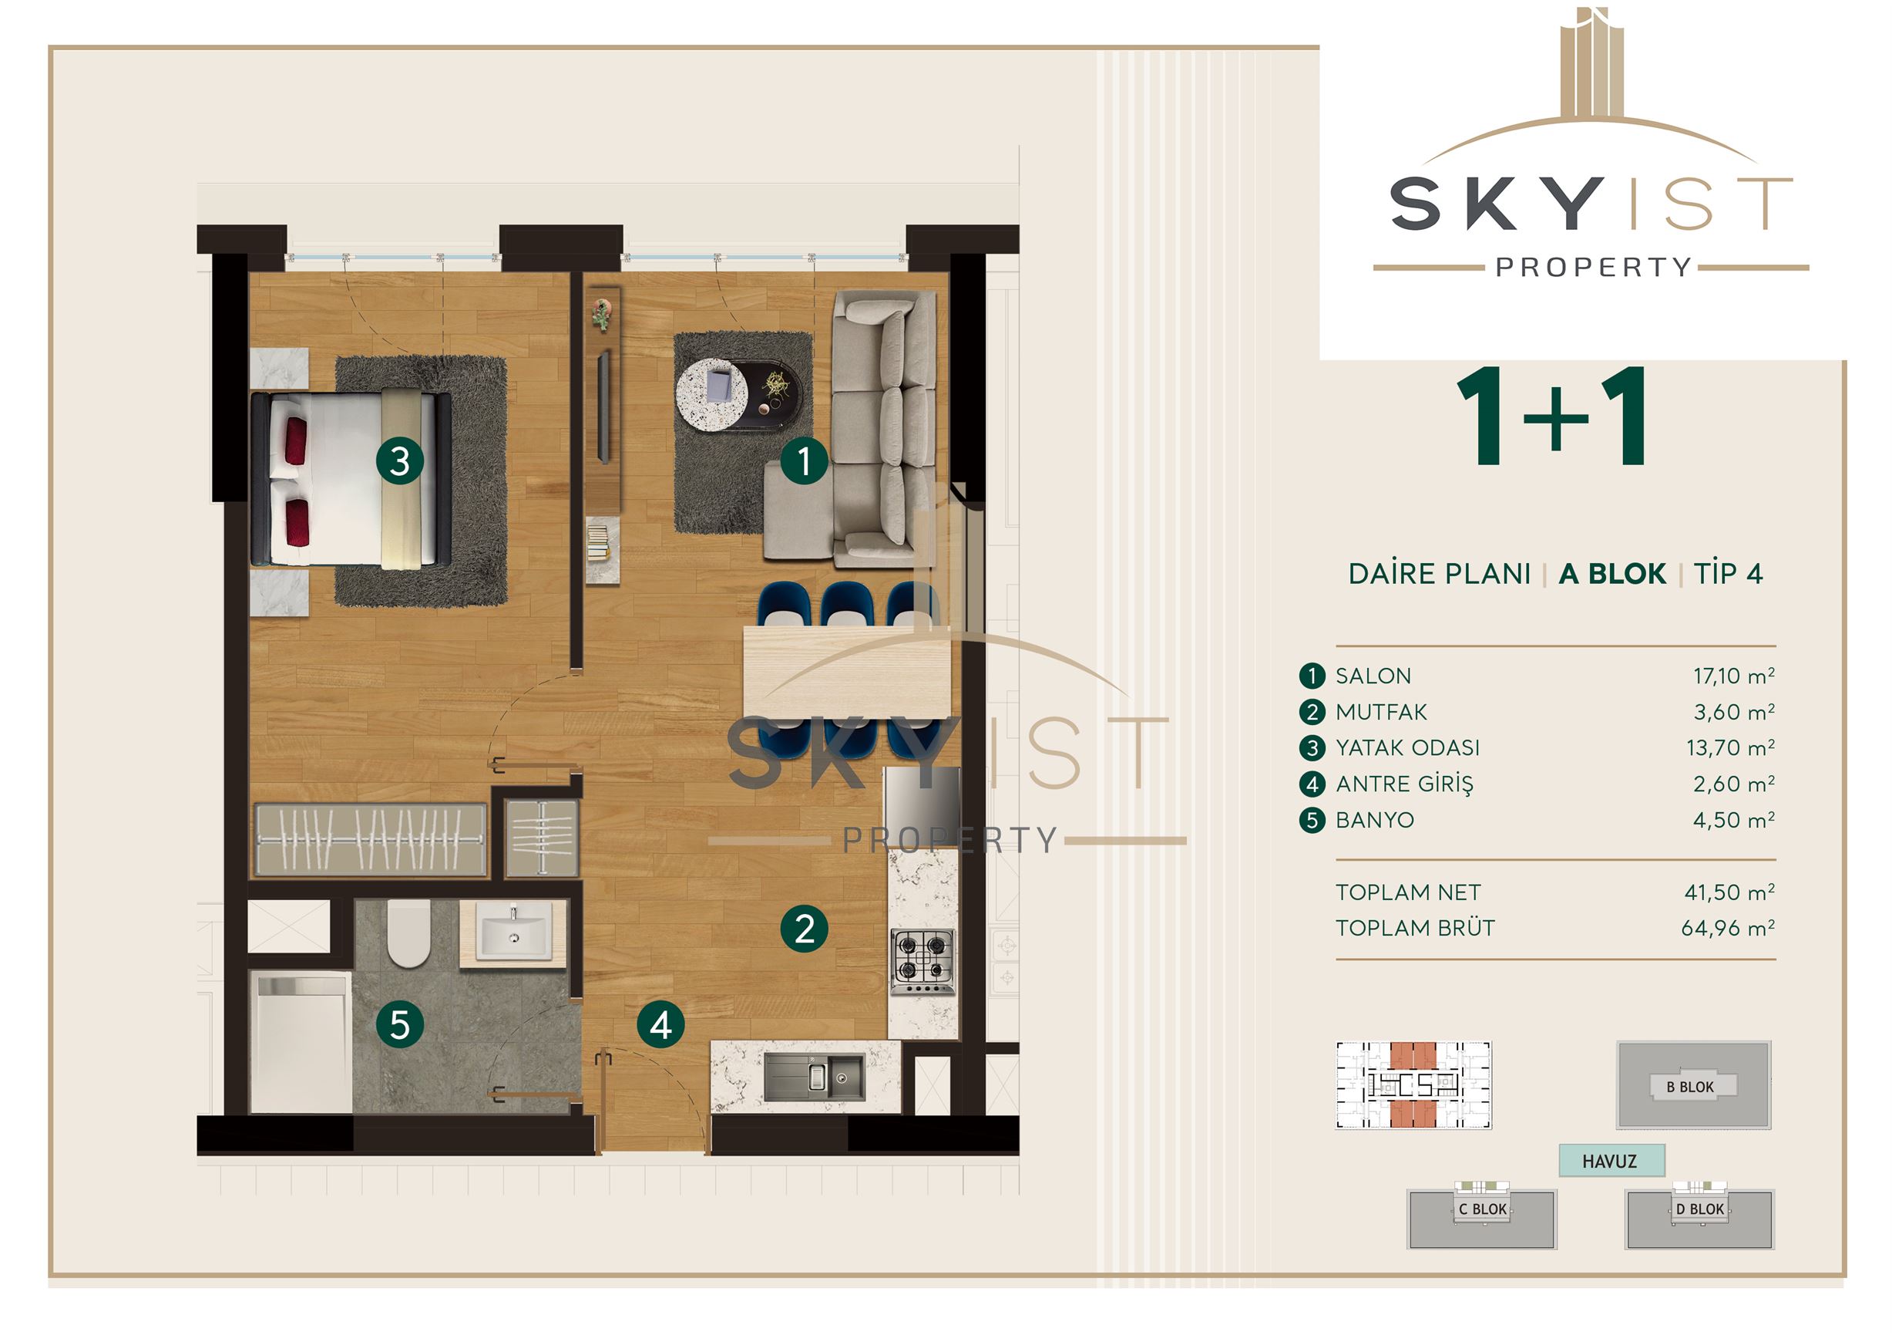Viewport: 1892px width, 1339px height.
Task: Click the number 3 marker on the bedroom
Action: (x=400, y=461)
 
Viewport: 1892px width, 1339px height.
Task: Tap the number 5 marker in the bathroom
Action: (x=400, y=1025)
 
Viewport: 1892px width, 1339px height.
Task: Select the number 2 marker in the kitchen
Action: (x=805, y=929)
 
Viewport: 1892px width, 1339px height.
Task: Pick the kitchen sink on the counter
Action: (x=815, y=1076)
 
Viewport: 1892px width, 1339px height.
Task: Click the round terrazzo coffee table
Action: (x=712, y=393)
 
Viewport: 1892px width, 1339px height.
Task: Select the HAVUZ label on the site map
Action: (x=1609, y=1161)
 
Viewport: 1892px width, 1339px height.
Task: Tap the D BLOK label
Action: (x=1700, y=1209)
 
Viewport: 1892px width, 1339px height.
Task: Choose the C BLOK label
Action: (x=1483, y=1209)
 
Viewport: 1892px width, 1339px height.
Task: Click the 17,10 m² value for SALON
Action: (x=1734, y=676)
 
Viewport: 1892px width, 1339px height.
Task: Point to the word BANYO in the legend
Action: (x=1375, y=821)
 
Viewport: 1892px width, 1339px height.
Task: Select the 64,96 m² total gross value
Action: (x=1728, y=929)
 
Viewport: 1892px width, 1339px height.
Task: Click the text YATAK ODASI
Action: (x=1407, y=748)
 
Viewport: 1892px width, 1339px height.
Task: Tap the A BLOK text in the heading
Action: (x=1613, y=574)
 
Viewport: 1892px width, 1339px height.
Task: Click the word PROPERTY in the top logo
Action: (x=1594, y=267)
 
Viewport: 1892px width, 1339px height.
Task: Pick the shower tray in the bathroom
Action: (x=301, y=1042)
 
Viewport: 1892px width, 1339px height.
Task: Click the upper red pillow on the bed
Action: (x=296, y=440)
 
